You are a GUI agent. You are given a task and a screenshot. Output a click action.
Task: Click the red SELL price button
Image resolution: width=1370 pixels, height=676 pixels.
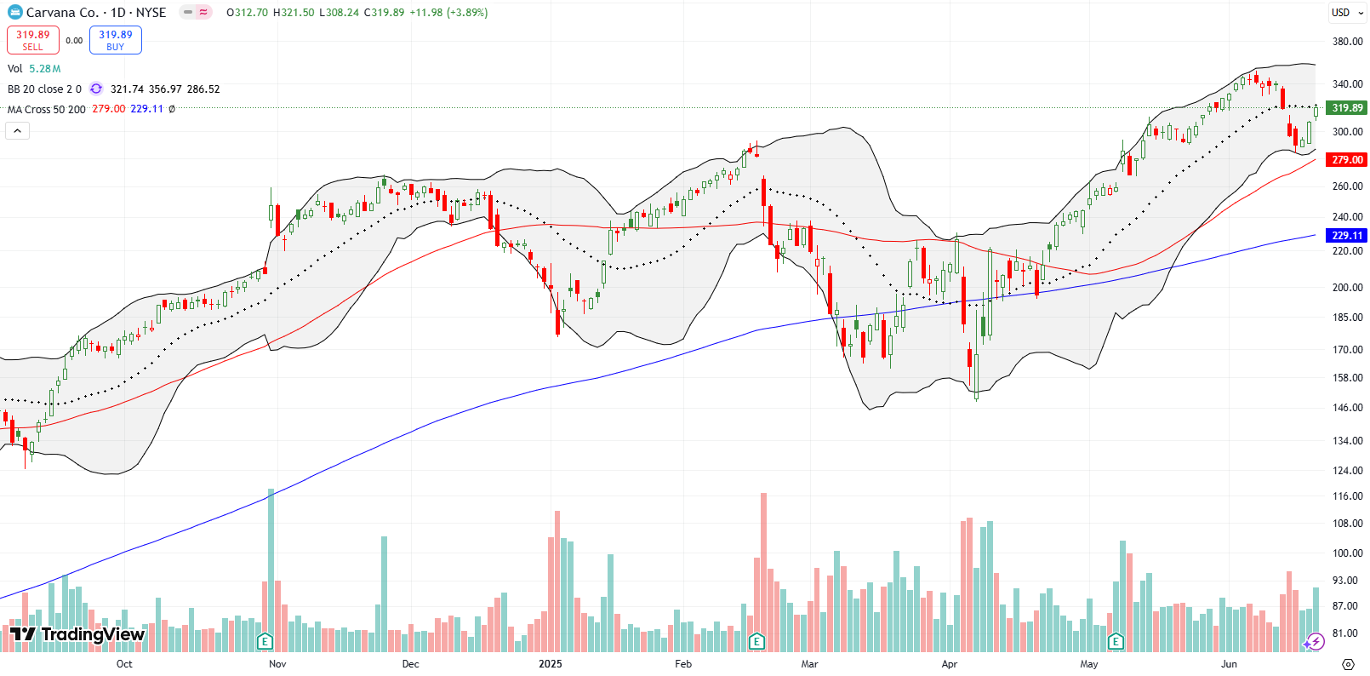pyautogui.click(x=33, y=40)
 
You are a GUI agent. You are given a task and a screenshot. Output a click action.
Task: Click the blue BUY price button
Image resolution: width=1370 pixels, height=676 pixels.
pyautogui.click(x=115, y=40)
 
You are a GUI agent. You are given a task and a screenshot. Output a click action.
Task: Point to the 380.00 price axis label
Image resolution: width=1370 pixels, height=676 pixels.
pyautogui.click(x=1347, y=41)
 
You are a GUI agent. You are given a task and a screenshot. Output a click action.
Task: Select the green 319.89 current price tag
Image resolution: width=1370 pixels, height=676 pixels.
pyautogui.click(x=1347, y=108)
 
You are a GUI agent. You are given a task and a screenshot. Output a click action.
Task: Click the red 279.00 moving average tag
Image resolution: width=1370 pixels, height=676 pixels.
pyautogui.click(x=1347, y=160)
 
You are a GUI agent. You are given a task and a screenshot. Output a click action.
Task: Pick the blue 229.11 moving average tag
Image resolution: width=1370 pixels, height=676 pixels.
pyautogui.click(x=1347, y=236)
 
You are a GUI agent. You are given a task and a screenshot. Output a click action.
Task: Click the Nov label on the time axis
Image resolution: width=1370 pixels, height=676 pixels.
pyautogui.click(x=277, y=664)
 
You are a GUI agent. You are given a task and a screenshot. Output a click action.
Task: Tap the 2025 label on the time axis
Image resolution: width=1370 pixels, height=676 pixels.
pyautogui.click(x=551, y=664)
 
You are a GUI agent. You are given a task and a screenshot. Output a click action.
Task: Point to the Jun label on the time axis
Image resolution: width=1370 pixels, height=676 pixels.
pyautogui.click(x=1229, y=664)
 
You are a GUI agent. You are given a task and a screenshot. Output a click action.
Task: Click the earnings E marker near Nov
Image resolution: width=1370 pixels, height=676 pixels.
pyautogui.click(x=265, y=641)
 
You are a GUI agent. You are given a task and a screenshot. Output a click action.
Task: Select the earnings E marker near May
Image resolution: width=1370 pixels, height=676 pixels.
pyautogui.click(x=1116, y=641)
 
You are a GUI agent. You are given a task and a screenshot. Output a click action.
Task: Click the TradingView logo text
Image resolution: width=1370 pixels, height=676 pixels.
pyautogui.click(x=78, y=634)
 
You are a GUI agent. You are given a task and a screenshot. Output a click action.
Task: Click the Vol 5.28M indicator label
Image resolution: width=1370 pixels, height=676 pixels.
pyautogui.click(x=34, y=69)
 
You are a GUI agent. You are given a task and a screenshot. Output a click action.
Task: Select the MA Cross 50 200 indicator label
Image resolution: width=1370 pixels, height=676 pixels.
pyautogui.click(x=47, y=110)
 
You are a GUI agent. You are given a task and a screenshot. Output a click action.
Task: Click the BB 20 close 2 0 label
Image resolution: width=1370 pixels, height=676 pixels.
pyautogui.click(x=44, y=89)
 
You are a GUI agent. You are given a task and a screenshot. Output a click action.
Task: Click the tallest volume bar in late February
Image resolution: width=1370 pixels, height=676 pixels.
pyautogui.click(x=763, y=570)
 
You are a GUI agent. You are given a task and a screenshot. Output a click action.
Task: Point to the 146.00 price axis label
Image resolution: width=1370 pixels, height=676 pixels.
pyautogui.click(x=1347, y=408)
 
